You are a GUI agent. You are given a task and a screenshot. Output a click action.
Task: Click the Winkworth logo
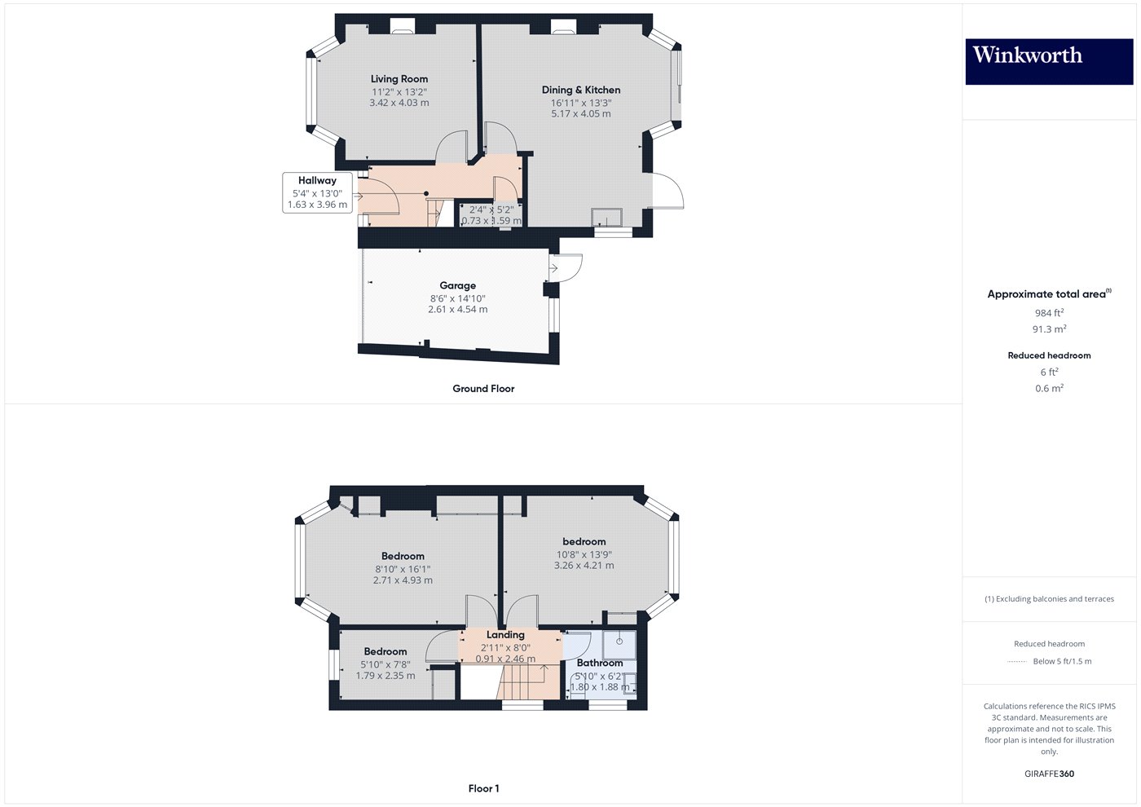click(1049, 61)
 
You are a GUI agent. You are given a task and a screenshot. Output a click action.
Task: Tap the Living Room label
click(399, 79)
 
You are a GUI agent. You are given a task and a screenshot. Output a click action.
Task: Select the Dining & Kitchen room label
click(581, 90)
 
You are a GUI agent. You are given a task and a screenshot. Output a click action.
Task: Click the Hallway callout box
click(318, 192)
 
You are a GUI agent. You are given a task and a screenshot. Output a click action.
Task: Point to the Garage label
click(458, 285)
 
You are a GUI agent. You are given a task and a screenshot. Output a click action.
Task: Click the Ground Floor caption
click(483, 389)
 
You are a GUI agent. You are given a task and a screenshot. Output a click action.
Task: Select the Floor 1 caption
click(483, 788)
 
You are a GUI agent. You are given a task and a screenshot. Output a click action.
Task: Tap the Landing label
click(505, 634)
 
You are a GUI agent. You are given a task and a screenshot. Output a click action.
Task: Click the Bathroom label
click(600, 663)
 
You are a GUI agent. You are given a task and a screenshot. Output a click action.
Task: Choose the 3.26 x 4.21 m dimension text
click(584, 565)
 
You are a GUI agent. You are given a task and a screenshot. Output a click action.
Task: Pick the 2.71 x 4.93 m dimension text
click(403, 580)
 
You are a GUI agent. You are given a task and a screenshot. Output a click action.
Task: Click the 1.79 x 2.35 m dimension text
click(385, 675)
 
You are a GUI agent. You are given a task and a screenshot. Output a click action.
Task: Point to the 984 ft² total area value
click(1049, 313)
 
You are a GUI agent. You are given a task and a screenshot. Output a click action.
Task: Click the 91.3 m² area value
click(1049, 329)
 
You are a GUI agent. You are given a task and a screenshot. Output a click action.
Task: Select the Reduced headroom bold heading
click(1049, 355)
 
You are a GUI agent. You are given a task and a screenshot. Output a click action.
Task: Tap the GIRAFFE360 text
click(1049, 774)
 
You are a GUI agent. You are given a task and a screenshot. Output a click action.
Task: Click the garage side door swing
click(568, 269)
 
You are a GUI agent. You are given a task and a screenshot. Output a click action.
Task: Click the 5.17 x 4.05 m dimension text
click(581, 113)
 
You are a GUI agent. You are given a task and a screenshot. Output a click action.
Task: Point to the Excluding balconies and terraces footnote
click(1049, 599)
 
